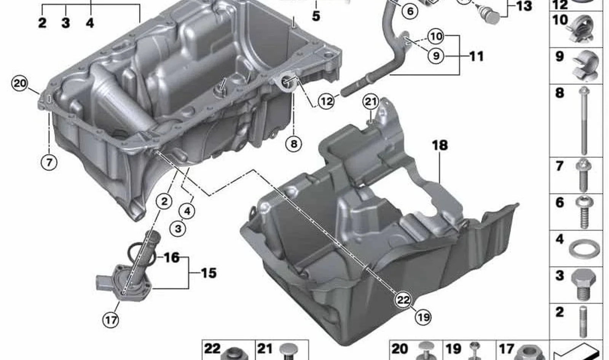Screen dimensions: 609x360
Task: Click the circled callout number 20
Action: (19, 83)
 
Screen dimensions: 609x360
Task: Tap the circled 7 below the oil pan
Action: (49, 162)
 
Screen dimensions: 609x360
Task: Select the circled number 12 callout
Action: (326, 102)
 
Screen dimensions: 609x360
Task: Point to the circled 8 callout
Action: (294, 143)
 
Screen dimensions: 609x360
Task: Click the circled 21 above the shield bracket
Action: (371, 102)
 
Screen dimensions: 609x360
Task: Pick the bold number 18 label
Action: (440, 145)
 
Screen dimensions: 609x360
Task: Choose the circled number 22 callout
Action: (403, 300)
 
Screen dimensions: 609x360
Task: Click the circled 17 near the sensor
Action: (111, 320)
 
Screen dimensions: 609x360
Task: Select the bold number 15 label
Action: (209, 273)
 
